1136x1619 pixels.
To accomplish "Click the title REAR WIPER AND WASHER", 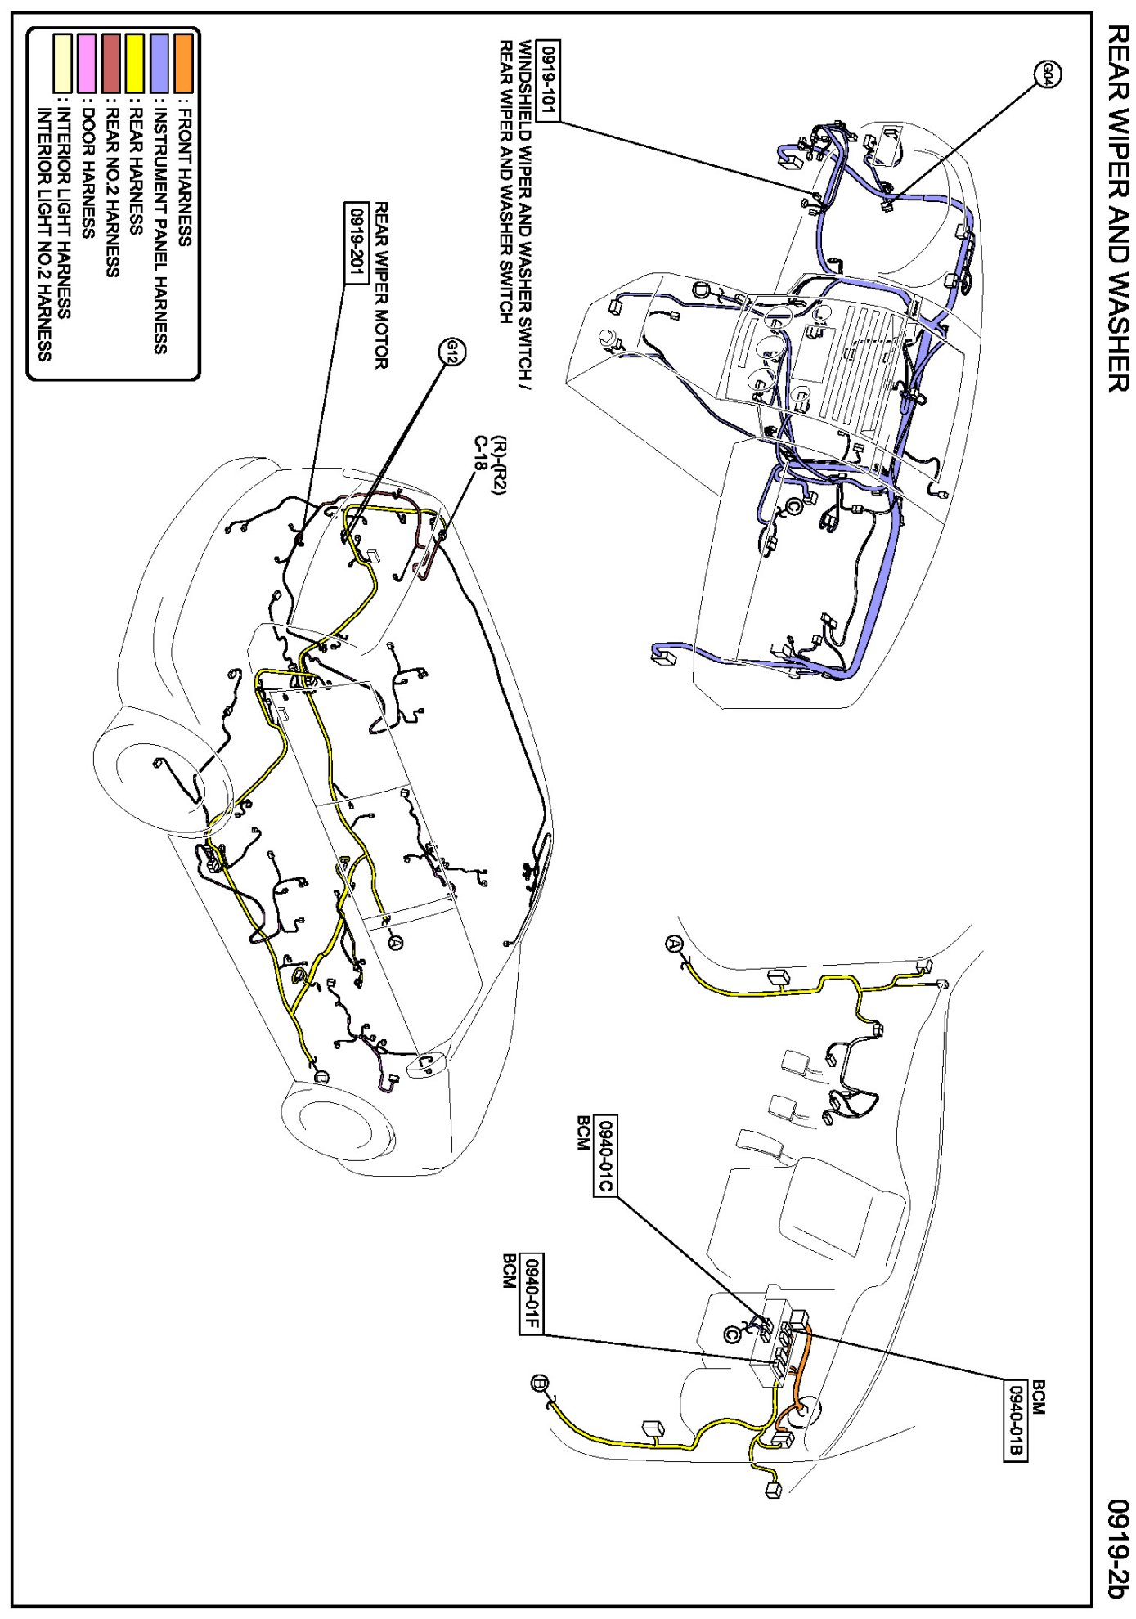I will pyautogui.click(x=1117, y=208).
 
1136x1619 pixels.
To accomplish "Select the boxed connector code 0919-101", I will pyautogui.click(x=548, y=81).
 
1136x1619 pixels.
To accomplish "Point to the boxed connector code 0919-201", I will pyautogui.click(x=357, y=242).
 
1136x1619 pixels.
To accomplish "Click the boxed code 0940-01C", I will pyautogui.click(x=605, y=1155).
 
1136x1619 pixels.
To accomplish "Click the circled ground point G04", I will pyautogui.click(x=1049, y=75).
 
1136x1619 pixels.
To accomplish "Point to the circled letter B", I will pyautogui.click(x=540, y=1384).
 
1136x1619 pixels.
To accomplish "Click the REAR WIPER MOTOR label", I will pyautogui.click(x=381, y=285).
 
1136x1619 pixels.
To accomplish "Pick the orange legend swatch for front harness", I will pyautogui.click(x=184, y=64).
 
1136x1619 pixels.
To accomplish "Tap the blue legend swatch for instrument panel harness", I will pyautogui.click(x=159, y=64).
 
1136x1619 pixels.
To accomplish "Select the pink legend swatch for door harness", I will pyautogui.click(x=87, y=64).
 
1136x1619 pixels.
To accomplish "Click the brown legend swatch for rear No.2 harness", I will pyautogui.click(x=111, y=64).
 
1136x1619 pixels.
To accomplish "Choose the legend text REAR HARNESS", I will pyautogui.click(x=136, y=172).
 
